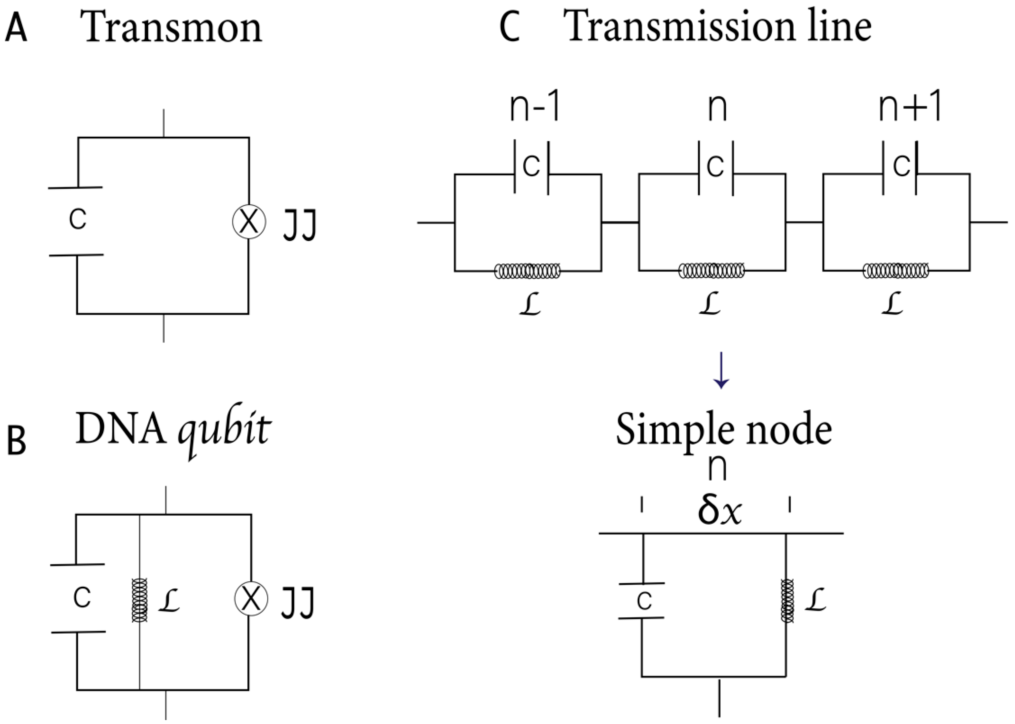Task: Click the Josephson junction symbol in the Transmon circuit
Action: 249,222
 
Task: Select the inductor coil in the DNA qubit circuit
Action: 140,600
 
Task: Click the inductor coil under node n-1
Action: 527,271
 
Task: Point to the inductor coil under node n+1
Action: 896,271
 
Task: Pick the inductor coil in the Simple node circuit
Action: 787,600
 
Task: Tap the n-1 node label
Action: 535,108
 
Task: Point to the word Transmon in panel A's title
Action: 171,28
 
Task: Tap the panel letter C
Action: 509,28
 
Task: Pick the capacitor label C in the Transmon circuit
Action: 78,219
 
